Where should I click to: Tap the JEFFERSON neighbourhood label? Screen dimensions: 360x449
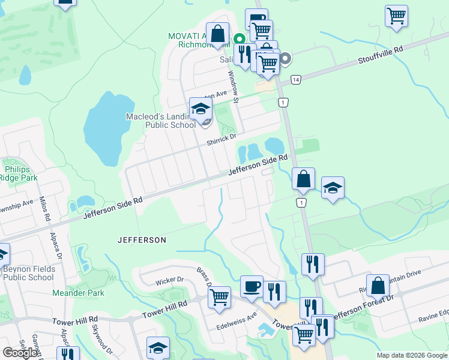click(x=142, y=240)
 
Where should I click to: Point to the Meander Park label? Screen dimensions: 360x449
click(x=78, y=293)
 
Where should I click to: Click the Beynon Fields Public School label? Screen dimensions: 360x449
click(x=28, y=273)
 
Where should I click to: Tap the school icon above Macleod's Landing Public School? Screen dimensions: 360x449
click(x=200, y=109)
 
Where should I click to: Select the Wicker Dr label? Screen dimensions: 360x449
click(x=169, y=280)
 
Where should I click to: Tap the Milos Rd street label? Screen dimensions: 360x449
click(x=43, y=208)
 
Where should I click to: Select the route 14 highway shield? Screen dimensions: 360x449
click(x=295, y=79)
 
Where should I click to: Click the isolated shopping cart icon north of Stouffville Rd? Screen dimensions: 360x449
click(x=396, y=16)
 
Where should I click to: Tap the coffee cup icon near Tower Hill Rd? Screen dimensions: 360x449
click(x=252, y=286)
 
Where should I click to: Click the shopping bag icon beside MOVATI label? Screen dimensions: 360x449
click(x=217, y=33)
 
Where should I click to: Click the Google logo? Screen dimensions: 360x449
click(x=20, y=353)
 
